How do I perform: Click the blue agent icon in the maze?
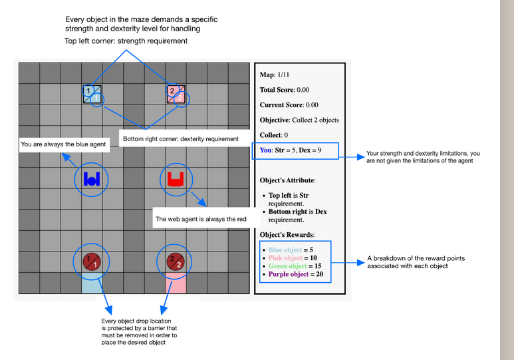[92, 179]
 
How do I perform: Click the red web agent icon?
[176, 179]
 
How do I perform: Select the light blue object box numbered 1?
[92, 94]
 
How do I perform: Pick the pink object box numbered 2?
[176, 94]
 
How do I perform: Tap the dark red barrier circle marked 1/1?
[92, 262]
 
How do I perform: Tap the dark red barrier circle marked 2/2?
[176, 262]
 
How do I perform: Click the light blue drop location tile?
[92, 283]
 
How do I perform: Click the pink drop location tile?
[176, 283]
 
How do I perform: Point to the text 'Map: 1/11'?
[275, 75]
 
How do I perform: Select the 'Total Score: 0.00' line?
[285, 90]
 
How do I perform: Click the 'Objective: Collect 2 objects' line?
[299, 120]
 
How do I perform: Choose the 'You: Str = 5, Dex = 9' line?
[291, 150]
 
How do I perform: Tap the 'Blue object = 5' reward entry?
[291, 250]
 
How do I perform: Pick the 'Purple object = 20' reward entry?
[296, 274]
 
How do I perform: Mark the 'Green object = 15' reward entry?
[295, 266]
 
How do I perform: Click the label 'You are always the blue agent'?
[63, 144]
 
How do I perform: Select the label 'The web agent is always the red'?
[201, 219]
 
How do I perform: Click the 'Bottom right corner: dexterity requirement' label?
[181, 139]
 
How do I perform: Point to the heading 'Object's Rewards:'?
[287, 235]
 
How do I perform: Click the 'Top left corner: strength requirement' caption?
[126, 41]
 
